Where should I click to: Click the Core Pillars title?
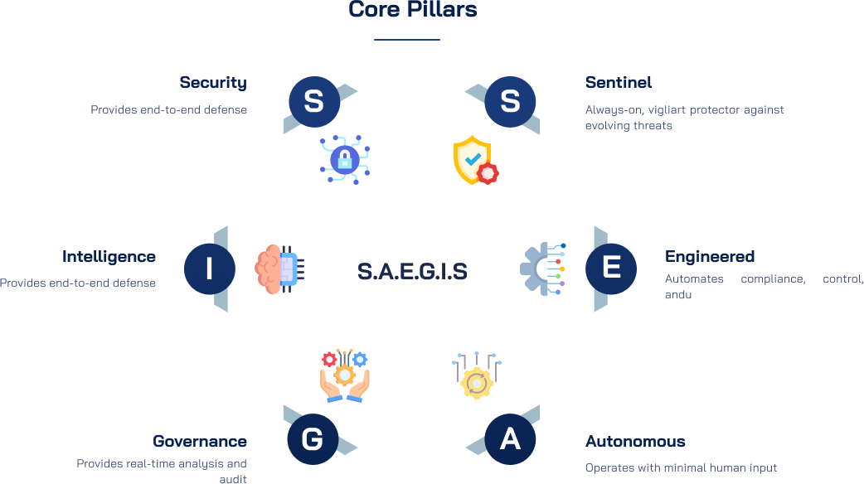click(x=412, y=10)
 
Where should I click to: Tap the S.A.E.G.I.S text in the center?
click(x=412, y=271)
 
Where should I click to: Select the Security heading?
click(x=213, y=83)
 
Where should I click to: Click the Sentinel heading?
click(x=619, y=83)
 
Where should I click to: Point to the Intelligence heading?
click(x=109, y=257)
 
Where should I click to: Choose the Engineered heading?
click(x=710, y=257)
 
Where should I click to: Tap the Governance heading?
click(x=200, y=442)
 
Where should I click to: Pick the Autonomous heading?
click(x=635, y=442)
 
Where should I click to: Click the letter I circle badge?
click(x=209, y=269)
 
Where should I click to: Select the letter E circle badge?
click(x=611, y=269)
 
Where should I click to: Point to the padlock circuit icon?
click(x=343, y=157)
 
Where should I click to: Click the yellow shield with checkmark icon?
click(x=475, y=161)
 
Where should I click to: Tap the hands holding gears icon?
click(x=343, y=376)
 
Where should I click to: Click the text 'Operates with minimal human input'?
click(x=681, y=468)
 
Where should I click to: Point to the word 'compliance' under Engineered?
click(x=771, y=279)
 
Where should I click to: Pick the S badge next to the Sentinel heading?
click(x=510, y=101)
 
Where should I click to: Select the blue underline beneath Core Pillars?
click(x=406, y=39)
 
